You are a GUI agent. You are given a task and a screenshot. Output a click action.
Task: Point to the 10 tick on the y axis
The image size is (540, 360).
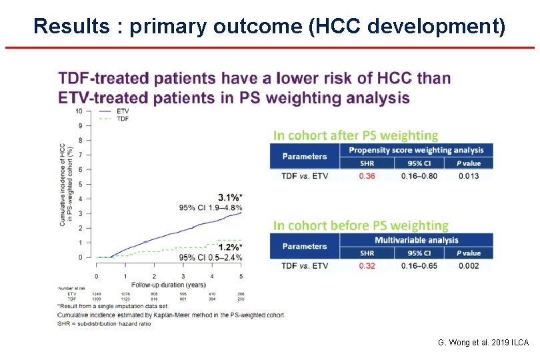[x=79, y=111]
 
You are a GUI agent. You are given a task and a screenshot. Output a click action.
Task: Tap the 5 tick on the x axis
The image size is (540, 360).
[x=241, y=276]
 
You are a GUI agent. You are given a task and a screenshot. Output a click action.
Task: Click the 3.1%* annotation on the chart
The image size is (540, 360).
[x=230, y=197]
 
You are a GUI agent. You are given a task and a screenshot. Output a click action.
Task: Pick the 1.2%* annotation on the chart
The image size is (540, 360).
[x=230, y=247]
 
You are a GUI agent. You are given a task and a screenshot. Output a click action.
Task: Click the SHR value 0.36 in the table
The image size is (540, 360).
[x=367, y=176]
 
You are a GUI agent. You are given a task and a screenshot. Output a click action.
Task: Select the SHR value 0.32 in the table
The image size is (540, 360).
[x=367, y=266]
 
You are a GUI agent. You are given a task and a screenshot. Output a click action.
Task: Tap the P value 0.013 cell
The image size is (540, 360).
[x=469, y=176]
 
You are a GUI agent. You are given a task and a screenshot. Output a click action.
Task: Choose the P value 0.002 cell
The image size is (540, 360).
[x=469, y=266]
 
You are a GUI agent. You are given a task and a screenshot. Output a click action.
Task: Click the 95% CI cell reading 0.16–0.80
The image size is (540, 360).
[x=419, y=176]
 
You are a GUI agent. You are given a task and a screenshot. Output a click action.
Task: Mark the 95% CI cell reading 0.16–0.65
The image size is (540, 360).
[x=419, y=266]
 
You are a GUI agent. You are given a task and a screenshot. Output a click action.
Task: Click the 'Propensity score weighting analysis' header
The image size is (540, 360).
[x=416, y=150]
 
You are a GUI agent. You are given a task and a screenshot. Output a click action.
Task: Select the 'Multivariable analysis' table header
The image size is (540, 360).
[x=416, y=240]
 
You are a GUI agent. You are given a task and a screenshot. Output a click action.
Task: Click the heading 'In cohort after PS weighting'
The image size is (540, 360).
[x=355, y=135]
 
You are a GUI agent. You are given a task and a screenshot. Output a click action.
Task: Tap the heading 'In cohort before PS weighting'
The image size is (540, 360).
[x=361, y=225]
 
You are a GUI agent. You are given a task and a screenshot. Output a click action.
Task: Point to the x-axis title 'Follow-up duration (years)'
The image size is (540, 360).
[x=168, y=285]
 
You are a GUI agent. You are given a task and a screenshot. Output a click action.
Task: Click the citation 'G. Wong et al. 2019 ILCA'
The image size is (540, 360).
[x=483, y=342]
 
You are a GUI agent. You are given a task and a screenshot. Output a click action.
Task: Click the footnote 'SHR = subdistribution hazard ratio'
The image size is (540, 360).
[x=104, y=323]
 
